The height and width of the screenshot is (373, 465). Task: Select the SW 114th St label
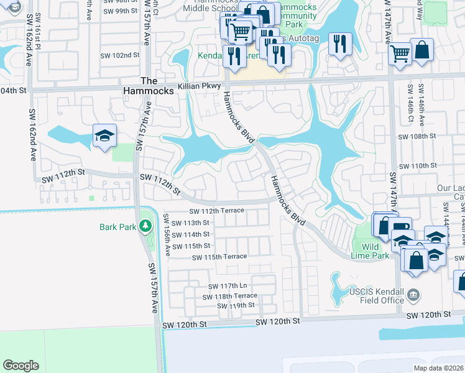[191, 234]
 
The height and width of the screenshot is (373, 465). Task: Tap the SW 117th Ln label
[229, 286]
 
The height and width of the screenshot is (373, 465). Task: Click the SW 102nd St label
[119, 55]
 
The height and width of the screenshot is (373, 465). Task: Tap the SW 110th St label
[418, 166]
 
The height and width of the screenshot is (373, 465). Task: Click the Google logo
[21, 366]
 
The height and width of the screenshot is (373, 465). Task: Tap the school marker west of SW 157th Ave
[104, 136]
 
